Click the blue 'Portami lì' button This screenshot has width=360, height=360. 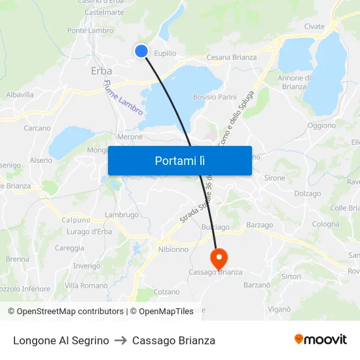pyautogui.click(x=179, y=160)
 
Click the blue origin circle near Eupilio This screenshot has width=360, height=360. pyautogui.click(x=141, y=50)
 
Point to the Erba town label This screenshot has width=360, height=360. pyautogui.click(x=101, y=71)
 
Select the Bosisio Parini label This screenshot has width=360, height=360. pyautogui.click(x=215, y=97)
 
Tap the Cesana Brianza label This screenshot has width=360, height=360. pyautogui.click(x=231, y=58)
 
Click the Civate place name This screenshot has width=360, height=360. pyautogui.click(x=314, y=27)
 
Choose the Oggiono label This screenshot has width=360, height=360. pyautogui.click(x=321, y=125)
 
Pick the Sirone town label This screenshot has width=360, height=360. pyautogui.click(x=275, y=178)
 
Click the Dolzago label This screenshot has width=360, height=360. pyautogui.click(x=308, y=194)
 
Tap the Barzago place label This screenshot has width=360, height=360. pyautogui.click(x=260, y=225)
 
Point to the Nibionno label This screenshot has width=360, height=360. pyautogui.click(x=173, y=249)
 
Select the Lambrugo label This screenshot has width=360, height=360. pyautogui.click(x=122, y=215)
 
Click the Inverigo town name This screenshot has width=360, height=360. pyautogui.click(x=86, y=266)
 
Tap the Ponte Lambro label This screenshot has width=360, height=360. pyautogui.click(x=90, y=30)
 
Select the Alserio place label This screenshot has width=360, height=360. pyautogui.click(x=41, y=160)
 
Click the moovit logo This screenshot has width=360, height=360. pyautogui.click(x=321, y=339)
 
